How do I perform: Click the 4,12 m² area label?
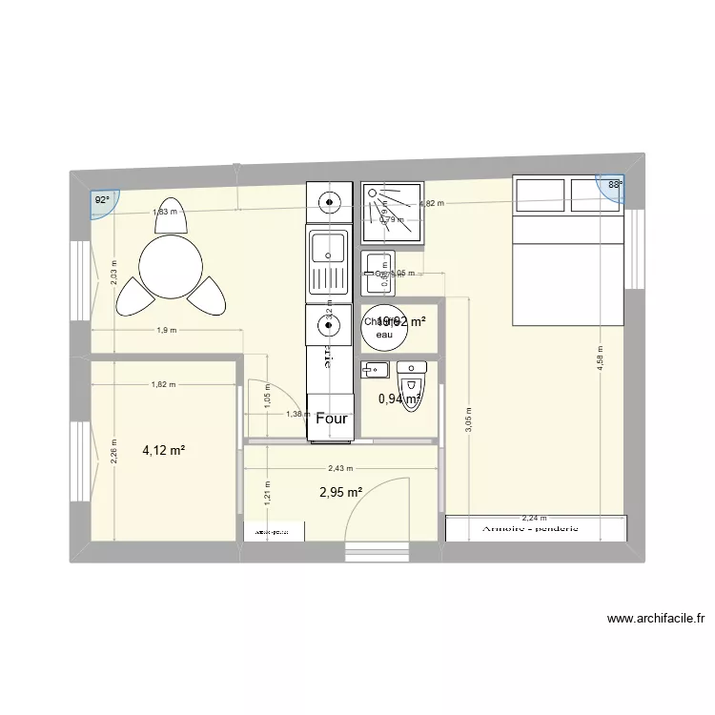pos(164,451)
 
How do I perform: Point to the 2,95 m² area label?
pos(339,492)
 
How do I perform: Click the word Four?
pos(332,418)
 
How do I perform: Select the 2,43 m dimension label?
pos(340,468)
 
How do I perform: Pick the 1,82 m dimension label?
pos(164,385)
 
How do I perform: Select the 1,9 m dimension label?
pos(167,331)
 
